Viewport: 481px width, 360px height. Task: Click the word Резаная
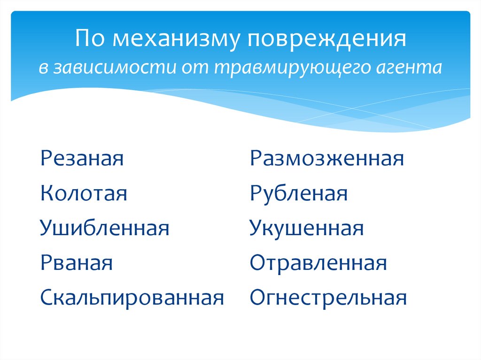pos(82,159)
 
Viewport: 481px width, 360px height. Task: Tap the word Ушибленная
pos(104,229)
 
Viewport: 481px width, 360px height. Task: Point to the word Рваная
pos(77,263)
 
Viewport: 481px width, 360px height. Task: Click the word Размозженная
pos(326,159)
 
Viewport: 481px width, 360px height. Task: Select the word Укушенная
pos(307,229)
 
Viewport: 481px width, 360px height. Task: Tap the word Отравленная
pos(318,263)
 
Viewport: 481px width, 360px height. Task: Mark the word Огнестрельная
pos(328,298)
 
